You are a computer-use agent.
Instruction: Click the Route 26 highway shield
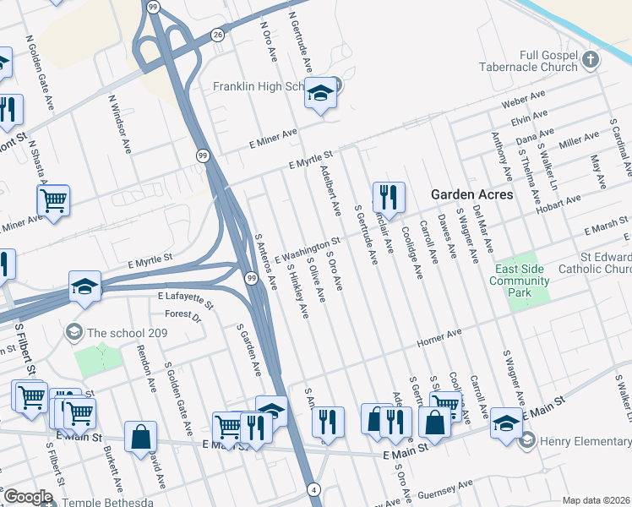coord(218,35)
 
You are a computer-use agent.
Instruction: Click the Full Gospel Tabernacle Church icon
coord(591,61)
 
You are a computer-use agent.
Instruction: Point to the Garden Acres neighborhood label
coord(471,194)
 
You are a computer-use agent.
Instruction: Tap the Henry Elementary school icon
coord(528,440)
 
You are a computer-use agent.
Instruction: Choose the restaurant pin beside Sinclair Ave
coord(389,198)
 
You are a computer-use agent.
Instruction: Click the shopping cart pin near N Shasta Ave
coord(53,201)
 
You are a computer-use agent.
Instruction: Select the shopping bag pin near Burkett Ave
coord(140,436)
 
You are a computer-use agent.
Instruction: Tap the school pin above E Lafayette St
coord(85,287)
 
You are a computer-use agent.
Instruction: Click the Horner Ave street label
coord(439,339)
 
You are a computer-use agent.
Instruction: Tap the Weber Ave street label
coord(520,102)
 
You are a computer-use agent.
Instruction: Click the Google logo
coord(27,497)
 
